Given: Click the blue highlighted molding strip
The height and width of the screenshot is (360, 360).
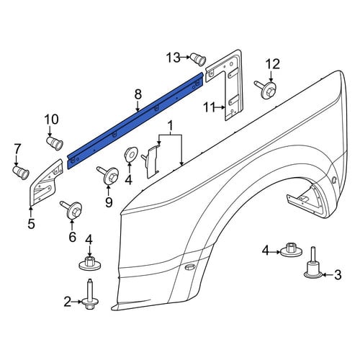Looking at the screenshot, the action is click(135, 121).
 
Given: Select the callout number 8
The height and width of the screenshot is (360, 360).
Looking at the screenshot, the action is click(138, 94).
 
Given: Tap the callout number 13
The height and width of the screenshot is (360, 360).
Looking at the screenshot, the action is click(174, 58).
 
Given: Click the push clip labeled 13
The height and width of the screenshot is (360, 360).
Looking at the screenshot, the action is click(198, 60).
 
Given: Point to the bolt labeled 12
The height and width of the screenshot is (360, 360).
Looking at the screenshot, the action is click(266, 89).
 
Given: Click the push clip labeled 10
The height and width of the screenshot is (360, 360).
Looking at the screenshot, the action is click(55, 143).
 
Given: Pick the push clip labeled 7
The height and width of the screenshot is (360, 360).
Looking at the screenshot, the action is click(21, 173).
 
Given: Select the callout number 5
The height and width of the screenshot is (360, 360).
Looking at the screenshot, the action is click(31, 224).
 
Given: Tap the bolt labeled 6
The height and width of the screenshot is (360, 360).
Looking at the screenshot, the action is click(71, 210).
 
